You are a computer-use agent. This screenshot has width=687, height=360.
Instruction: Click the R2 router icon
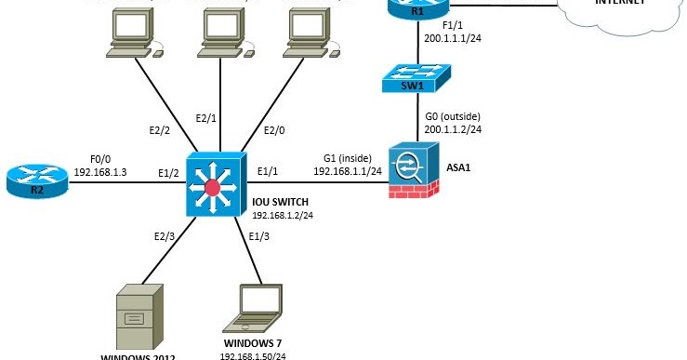click(x=36, y=180)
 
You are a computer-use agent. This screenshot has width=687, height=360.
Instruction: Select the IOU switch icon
click(x=215, y=186)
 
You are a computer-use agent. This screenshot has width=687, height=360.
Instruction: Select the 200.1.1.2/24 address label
click(x=456, y=129)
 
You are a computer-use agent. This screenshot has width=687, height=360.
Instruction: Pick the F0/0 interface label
click(x=101, y=158)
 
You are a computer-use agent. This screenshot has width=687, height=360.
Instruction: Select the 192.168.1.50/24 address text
click(x=253, y=355)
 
